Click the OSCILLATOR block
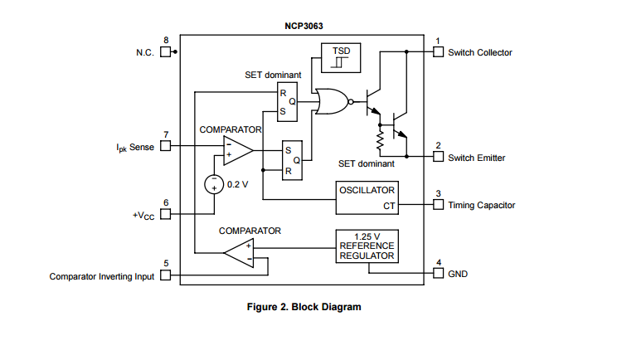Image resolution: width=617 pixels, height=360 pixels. [x=367, y=197]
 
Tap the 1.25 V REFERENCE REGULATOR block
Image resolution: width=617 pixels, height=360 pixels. [x=367, y=246]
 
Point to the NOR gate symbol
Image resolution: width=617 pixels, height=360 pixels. [x=332, y=102]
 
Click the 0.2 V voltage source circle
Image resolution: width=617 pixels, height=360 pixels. [x=214, y=184]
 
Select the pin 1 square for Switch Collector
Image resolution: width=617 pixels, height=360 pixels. [x=439, y=52]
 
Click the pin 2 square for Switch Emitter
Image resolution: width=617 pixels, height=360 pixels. [x=439, y=157]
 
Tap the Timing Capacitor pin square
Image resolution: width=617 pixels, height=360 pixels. [x=439, y=205]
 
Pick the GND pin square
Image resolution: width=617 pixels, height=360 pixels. [x=439, y=273]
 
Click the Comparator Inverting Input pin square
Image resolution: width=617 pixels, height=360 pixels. [x=165, y=276]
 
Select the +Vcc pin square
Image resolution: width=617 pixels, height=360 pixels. [x=165, y=215]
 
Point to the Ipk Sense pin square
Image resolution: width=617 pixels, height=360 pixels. [x=165, y=147]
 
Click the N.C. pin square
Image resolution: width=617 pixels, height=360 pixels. [x=165, y=52]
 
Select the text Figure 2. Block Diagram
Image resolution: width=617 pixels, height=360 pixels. [x=304, y=307]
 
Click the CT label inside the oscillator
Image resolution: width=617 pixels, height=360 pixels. [x=388, y=205]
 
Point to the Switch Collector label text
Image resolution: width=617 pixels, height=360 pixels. [x=480, y=52]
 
